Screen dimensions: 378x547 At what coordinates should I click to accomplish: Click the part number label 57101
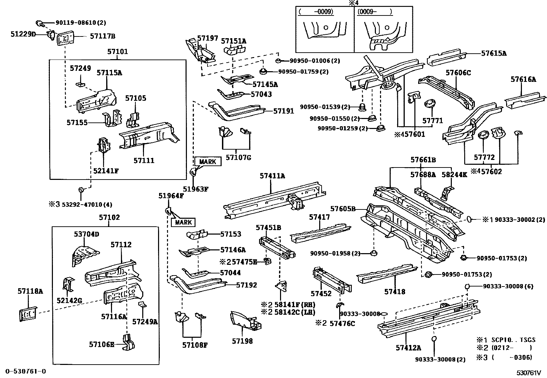pos(118,52)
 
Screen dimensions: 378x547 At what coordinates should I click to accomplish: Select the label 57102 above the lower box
pos(109,218)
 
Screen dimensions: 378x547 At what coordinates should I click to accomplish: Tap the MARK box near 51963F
pos(208,162)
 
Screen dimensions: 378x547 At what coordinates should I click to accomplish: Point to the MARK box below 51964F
pos(183,223)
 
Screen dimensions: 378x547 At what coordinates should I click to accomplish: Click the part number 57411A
pos(272,176)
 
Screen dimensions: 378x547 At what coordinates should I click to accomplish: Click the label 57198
pos(242,341)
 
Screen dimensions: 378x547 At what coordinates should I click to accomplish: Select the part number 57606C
pos(458,73)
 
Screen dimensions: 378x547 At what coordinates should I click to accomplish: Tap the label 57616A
pos(523,79)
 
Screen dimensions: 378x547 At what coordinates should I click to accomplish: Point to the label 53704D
pos(87,234)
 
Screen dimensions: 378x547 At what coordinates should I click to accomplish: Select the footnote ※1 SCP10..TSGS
pos(505,339)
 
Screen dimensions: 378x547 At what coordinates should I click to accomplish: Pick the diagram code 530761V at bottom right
pos(528,372)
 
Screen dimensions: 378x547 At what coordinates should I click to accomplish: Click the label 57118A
pos(30,292)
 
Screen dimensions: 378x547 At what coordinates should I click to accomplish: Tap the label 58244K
pos(454,175)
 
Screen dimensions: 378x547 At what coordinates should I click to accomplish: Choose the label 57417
pos(319,217)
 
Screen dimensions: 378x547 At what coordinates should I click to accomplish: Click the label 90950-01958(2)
pos(335,253)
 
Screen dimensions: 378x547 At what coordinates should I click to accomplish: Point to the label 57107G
pos(238,158)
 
